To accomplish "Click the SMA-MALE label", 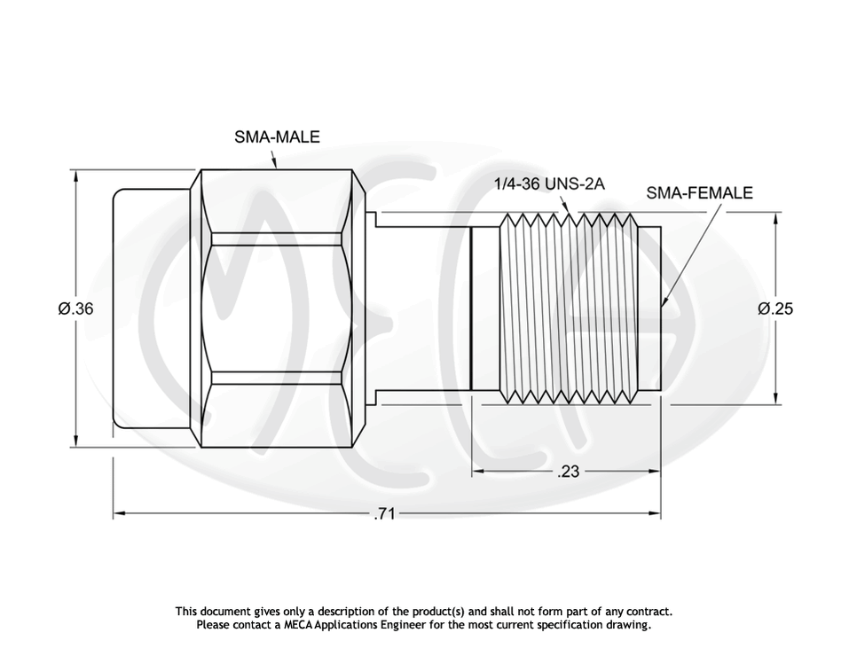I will (277, 137).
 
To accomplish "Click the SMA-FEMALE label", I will (699, 193).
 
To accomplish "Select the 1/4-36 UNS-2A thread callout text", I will (548, 184).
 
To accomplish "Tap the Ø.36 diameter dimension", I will (75, 308).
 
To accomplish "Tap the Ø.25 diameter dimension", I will (774, 308).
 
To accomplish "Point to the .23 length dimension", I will (568, 472).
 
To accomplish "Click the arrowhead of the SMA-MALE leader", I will (275, 165).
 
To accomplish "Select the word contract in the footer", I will (649, 612).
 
